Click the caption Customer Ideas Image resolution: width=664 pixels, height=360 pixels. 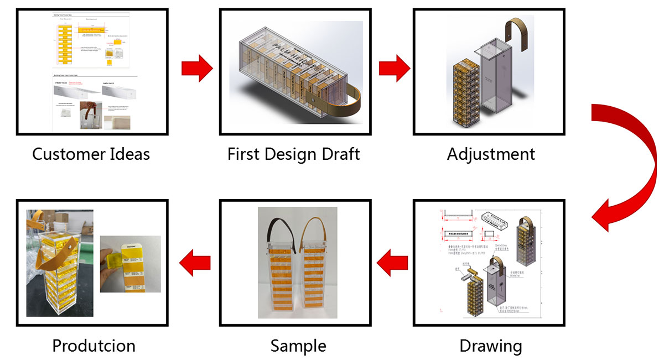pos(91,154)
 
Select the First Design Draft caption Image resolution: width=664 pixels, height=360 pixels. pos(293,154)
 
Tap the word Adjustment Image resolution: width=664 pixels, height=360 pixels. pos(491,154)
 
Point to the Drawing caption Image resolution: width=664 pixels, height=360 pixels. pos(491,346)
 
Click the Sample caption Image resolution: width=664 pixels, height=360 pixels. pos(298,346)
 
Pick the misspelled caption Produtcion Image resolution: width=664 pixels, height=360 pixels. pos(94,346)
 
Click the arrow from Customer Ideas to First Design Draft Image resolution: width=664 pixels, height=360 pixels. pos(196,69)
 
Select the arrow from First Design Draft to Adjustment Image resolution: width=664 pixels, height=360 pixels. pos(394,69)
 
